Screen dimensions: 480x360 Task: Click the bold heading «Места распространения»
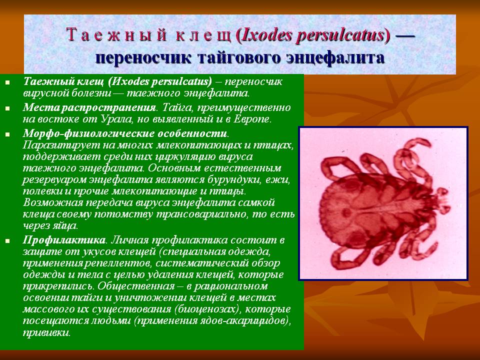89,107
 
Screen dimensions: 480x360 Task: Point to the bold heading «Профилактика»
64,240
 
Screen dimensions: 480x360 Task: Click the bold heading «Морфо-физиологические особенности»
125,134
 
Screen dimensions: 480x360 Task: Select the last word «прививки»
46,332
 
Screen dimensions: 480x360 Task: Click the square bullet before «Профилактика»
7,241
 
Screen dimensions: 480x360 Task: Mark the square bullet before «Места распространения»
7,108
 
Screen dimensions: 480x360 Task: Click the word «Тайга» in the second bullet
176,107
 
